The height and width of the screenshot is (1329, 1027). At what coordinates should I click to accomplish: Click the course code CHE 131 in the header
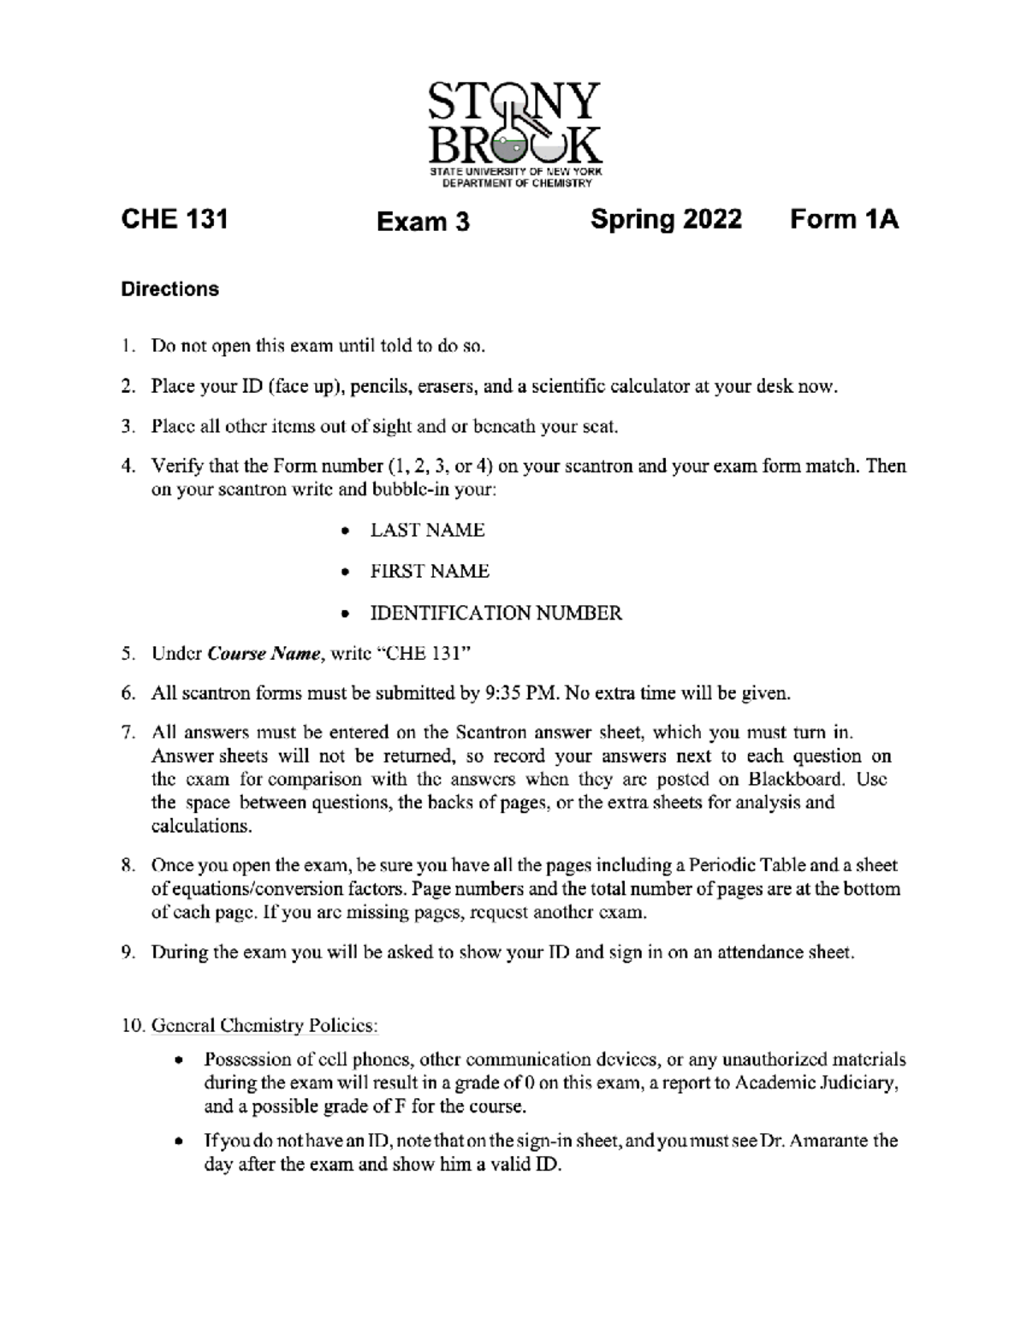click(x=175, y=220)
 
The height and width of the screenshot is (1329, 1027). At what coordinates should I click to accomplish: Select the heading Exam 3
click(x=423, y=222)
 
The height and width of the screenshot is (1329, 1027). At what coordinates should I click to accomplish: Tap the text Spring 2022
click(x=666, y=220)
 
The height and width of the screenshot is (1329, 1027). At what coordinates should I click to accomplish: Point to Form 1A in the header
click(x=844, y=220)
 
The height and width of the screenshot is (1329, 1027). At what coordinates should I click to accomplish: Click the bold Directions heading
click(x=169, y=289)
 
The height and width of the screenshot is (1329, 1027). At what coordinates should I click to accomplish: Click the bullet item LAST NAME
click(x=427, y=531)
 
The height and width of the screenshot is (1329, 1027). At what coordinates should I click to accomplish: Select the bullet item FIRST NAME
click(x=430, y=572)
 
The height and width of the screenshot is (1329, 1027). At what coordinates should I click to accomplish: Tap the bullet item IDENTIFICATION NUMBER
click(x=496, y=614)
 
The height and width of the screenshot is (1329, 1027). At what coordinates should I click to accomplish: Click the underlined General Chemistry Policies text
click(x=264, y=1025)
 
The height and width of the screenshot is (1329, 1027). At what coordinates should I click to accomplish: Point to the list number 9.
click(x=126, y=953)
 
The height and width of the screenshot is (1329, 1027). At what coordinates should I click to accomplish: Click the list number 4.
click(x=126, y=467)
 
